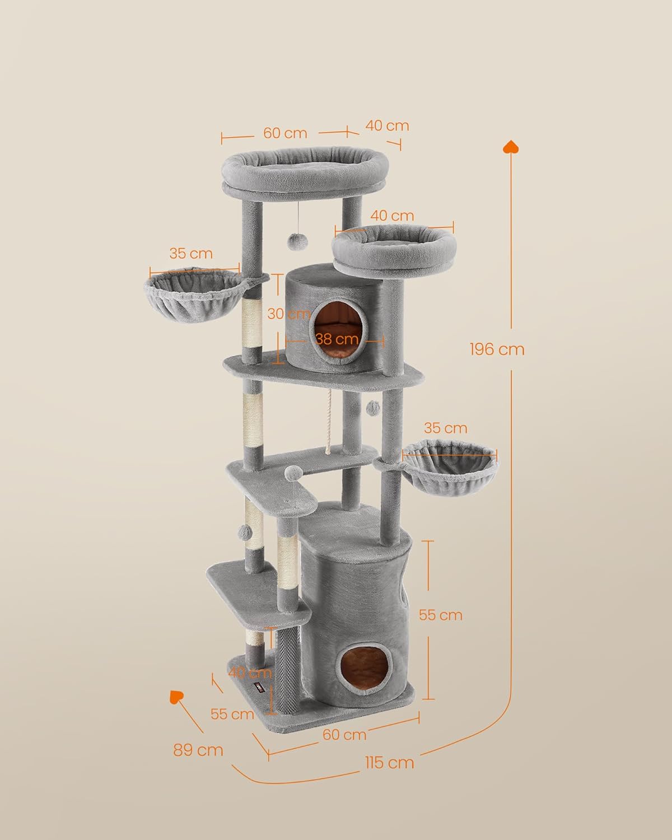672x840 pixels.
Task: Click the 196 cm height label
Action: click(x=497, y=349)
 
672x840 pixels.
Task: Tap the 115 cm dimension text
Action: click(x=389, y=762)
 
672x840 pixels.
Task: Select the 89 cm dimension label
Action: click(x=198, y=750)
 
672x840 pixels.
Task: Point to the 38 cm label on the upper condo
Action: click(x=337, y=339)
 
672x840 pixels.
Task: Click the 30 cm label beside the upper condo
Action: click(x=288, y=314)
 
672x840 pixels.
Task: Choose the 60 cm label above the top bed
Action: click(x=285, y=133)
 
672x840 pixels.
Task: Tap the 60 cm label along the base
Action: click(x=344, y=734)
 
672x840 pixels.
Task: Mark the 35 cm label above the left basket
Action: click(x=191, y=254)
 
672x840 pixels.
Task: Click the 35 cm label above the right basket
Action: click(x=445, y=428)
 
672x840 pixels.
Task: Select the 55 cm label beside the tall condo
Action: click(x=441, y=615)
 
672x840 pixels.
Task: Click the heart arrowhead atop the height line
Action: click(x=510, y=147)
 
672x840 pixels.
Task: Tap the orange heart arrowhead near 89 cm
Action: click(x=177, y=697)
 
